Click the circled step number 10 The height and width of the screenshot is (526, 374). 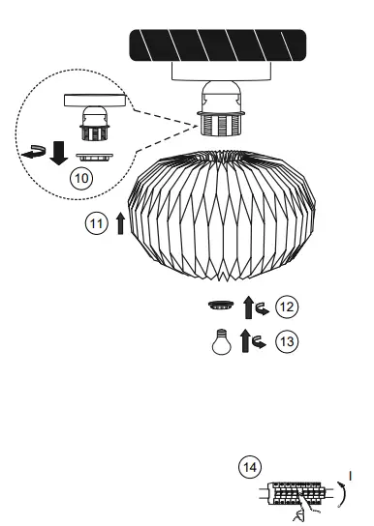[x=81, y=178]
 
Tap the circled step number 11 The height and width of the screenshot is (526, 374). [x=96, y=224]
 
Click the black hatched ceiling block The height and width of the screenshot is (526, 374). [x=218, y=45]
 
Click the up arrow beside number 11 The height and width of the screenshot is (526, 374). [x=120, y=223]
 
